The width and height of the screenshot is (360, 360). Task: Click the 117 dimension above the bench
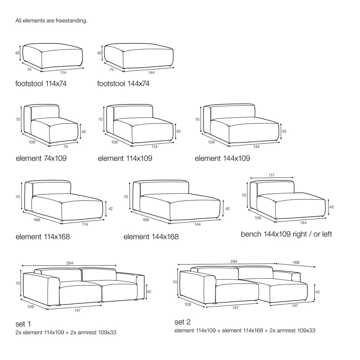coord(271,175)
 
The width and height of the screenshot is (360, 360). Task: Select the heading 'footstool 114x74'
coord(41,84)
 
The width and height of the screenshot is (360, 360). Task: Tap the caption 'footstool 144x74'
coord(123,84)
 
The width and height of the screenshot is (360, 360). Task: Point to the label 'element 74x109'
coord(41,158)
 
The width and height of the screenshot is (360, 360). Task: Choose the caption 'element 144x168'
coord(151,237)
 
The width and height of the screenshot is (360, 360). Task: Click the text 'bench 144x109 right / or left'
coord(286,234)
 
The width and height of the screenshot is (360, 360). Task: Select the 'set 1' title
coord(23,324)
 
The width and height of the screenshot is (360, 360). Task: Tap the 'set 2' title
coord(183,322)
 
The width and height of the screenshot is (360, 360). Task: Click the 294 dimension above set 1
coord(70,263)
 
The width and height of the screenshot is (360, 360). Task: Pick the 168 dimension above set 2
coord(296,262)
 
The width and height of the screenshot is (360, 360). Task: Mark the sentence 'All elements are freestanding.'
coord(51,21)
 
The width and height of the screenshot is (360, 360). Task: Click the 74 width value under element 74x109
coord(66,147)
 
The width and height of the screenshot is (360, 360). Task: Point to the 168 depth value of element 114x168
coord(37,220)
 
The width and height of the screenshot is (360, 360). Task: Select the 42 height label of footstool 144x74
coord(99,53)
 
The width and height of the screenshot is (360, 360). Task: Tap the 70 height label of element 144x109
coord(197,120)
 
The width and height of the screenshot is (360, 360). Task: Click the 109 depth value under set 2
coord(188,305)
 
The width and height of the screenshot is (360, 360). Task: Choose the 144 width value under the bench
coord(303,223)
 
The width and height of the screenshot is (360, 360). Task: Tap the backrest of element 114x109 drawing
coord(133,112)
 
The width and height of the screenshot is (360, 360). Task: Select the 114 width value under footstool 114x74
coord(63,73)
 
